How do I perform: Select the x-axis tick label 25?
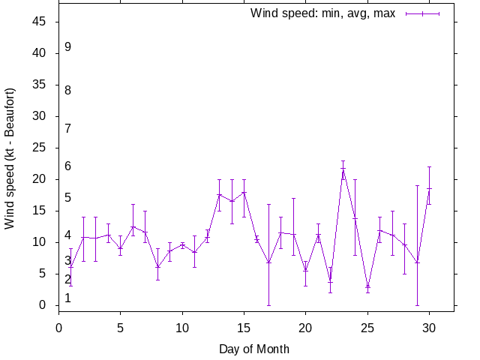click(367, 327)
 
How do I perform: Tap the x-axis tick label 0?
click(59, 327)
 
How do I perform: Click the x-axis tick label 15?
click(244, 327)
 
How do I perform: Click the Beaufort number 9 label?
click(67, 46)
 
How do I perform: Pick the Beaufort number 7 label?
click(67, 128)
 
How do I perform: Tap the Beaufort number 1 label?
click(67, 298)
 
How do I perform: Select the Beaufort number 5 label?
click(67, 198)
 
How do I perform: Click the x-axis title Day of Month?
click(254, 349)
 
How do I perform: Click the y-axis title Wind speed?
click(10, 158)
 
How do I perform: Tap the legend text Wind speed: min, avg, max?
click(322, 13)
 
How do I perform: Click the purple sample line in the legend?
click(422, 13)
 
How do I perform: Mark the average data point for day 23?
click(343, 169)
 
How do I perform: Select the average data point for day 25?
click(367, 287)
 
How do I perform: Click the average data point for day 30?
click(429, 189)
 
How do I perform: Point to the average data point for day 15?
click(244, 192)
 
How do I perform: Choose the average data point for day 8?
click(157, 267)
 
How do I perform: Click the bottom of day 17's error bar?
click(268, 305)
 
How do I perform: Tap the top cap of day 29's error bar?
click(417, 185)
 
